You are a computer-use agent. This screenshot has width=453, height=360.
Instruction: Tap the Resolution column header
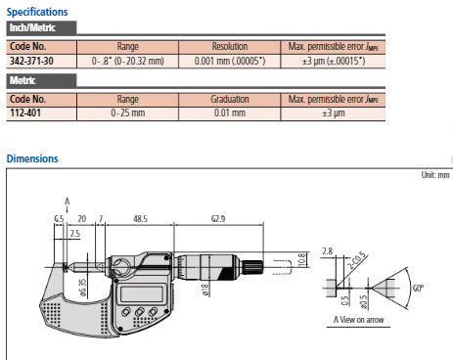[x=236, y=47]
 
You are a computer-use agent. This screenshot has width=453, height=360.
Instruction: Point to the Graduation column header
[x=236, y=100]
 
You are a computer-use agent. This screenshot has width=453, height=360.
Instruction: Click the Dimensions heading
[x=32, y=158]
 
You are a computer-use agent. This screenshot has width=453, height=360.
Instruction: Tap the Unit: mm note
[x=430, y=174]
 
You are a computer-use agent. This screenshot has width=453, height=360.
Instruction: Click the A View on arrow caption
[x=362, y=319]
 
